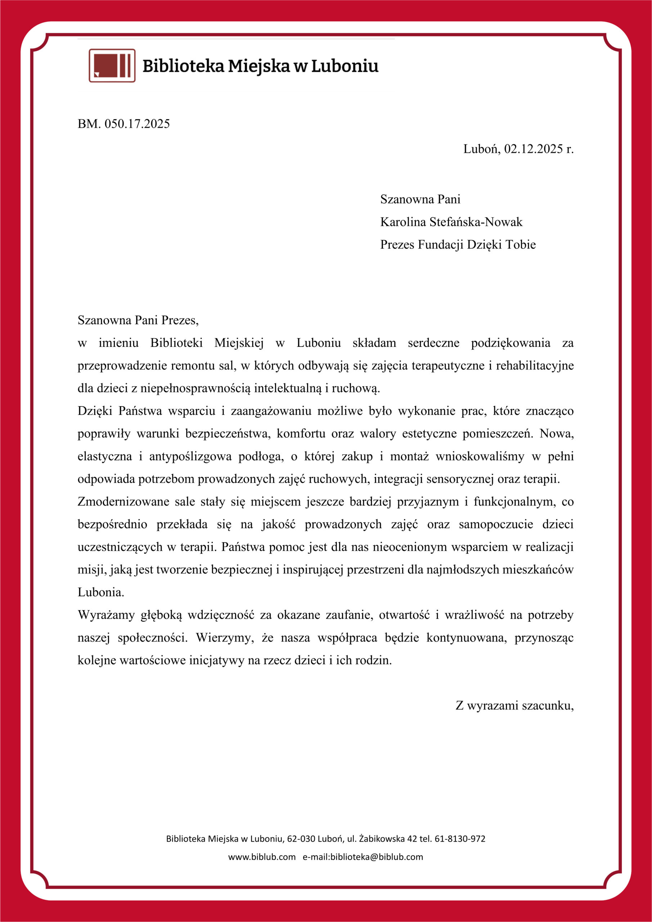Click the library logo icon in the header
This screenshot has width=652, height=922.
(x=112, y=66)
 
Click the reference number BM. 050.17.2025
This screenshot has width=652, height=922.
(x=123, y=124)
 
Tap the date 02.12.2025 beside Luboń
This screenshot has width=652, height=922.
(x=534, y=149)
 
